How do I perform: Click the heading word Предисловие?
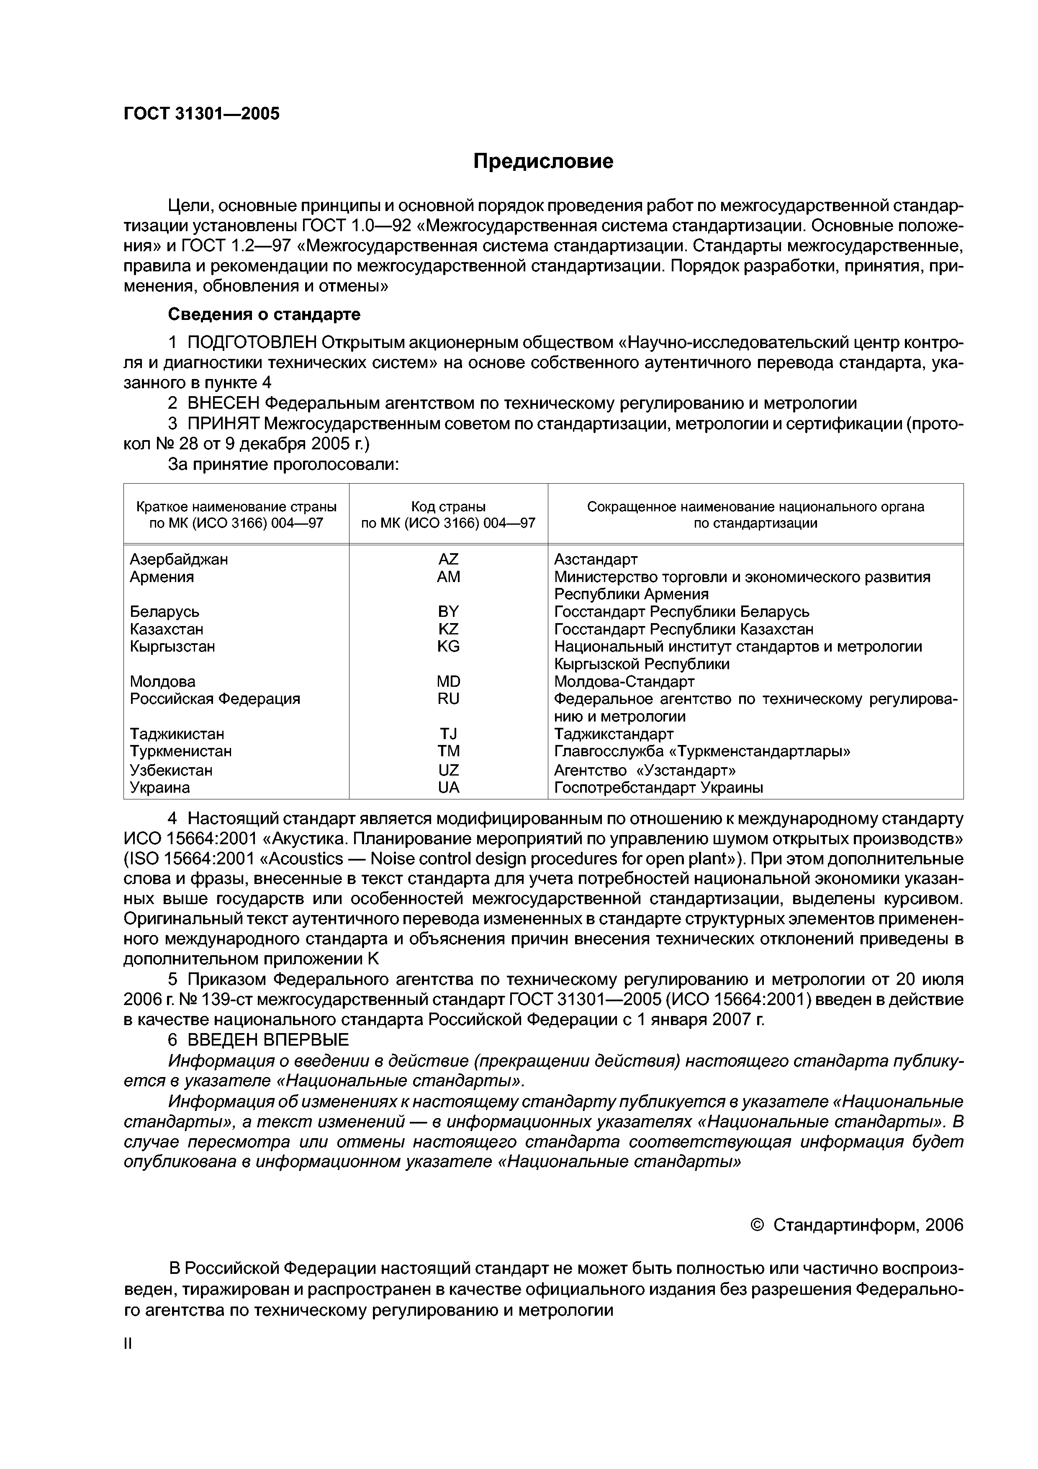[x=543, y=161]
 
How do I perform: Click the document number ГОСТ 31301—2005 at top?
[x=201, y=114]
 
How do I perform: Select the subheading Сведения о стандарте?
[x=264, y=314]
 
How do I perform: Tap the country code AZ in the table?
[x=448, y=559]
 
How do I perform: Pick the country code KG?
[x=448, y=646]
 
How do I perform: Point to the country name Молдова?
[x=162, y=681]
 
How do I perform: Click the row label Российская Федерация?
[x=214, y=698]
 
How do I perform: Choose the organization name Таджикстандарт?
[x=613, y=733]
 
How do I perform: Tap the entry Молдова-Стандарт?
[x=624, y=681]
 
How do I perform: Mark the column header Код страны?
[x=448, y=507]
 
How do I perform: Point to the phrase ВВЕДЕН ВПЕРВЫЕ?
[x=268, y=1039]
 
